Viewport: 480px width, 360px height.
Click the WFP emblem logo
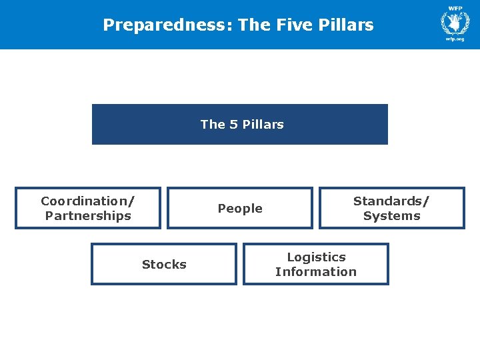pyautogui.click(x=455, y=23)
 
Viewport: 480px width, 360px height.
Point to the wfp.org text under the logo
pyautogui.click(x=455, y=39)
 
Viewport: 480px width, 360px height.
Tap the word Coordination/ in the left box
pyautogui.click(x=87, y=201)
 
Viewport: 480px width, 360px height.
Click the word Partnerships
pyautogui.click(x=88, y=215)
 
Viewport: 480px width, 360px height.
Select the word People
pyautogui.click(x=240, y=209)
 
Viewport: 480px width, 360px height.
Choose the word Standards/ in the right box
pyautogui.click(x=391, y=201)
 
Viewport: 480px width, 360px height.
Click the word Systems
pyautogui.click(x=392, y=215)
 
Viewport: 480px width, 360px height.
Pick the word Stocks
pyautogui.click(x=164, y=265)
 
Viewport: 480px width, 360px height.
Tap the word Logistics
pyautogui.click(x=316, y=257)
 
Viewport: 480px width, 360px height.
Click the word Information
pyautogui.click(x=316, y=271)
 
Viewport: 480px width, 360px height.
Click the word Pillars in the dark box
pyautogui.click(x=263, y=124)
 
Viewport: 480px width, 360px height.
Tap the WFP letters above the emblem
pyautogui.click(x=455, y=8)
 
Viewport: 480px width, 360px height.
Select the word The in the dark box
pyautogui.click(x=213, y=124)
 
